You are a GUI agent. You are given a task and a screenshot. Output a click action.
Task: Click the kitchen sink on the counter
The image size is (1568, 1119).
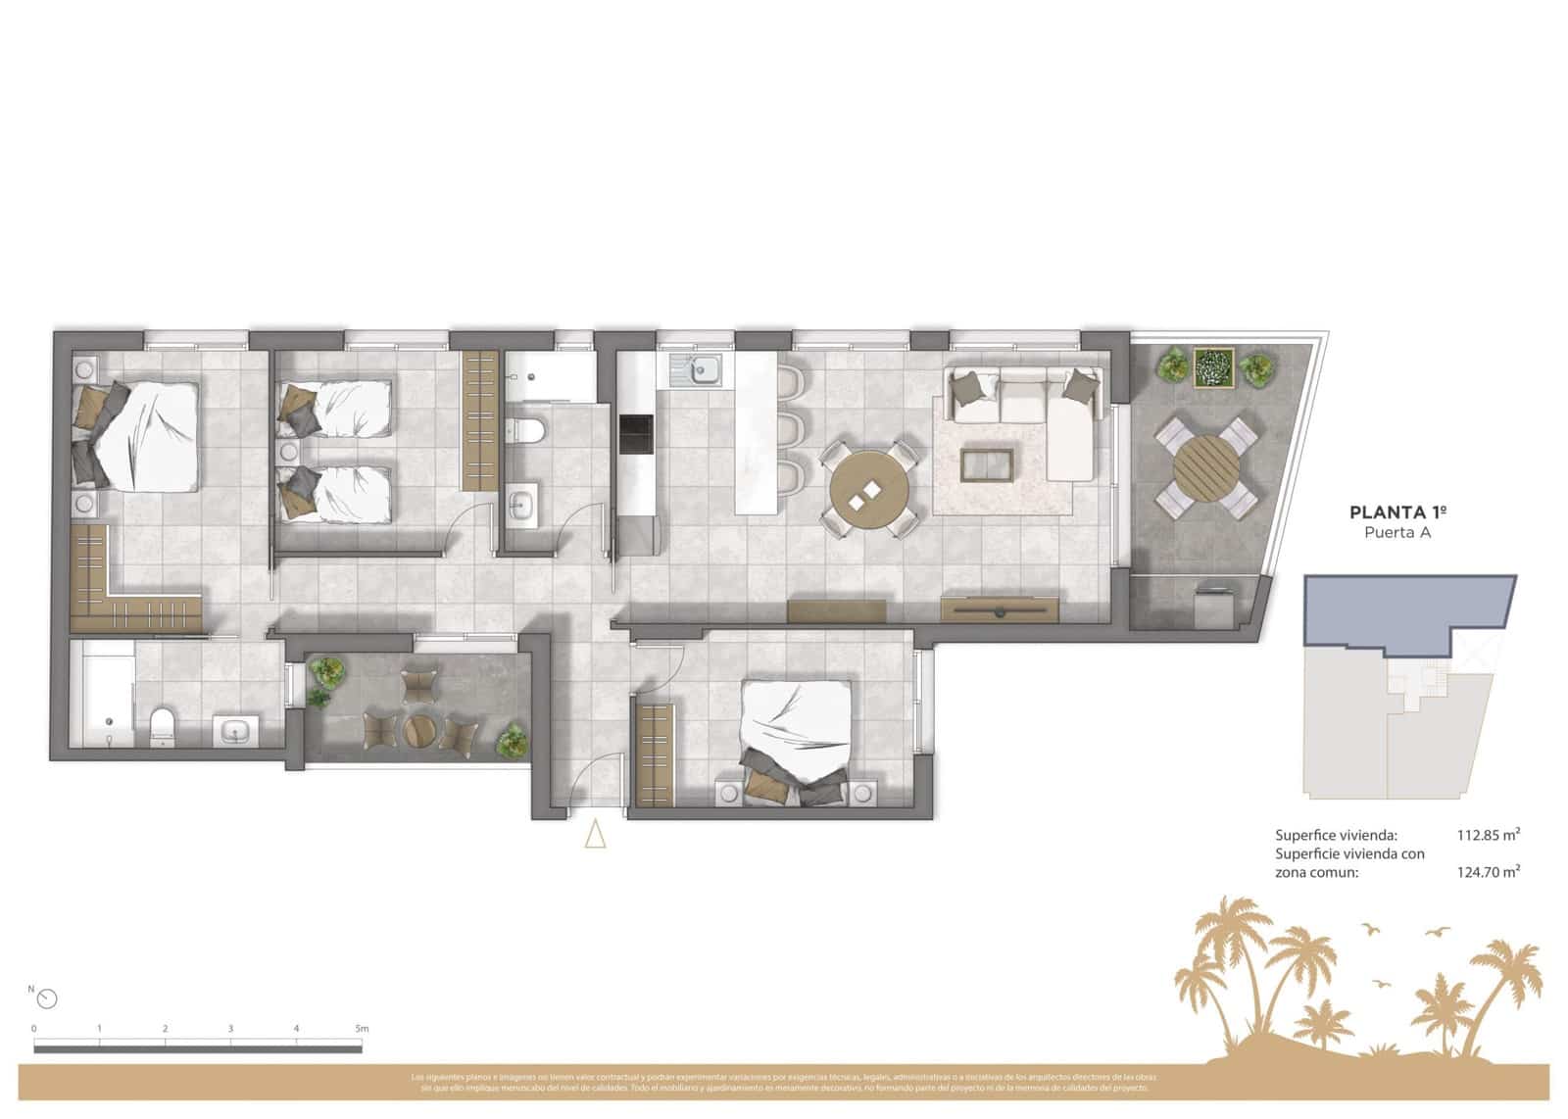(697, 371)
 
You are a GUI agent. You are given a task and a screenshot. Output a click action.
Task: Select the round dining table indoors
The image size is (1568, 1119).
(868, 490)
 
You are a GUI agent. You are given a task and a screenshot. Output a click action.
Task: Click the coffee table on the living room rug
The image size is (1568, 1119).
(987, 463)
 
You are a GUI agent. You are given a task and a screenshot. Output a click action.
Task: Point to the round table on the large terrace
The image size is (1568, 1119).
(1205, 467)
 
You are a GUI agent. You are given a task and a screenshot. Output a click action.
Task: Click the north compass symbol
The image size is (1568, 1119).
(47, 998)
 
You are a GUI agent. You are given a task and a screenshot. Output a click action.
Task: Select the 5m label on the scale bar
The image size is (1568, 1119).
(362, 1029)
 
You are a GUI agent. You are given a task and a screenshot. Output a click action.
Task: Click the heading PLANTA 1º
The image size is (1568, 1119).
(1397, 512)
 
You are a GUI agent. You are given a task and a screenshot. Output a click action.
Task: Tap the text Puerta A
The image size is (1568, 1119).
(1397, 533)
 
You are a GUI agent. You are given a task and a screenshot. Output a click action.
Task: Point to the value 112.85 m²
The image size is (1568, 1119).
(1488, 836)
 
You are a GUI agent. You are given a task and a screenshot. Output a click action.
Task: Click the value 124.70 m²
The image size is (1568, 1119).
(1488, 871)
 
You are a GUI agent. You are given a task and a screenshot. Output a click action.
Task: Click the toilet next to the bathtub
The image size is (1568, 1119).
(163, 726)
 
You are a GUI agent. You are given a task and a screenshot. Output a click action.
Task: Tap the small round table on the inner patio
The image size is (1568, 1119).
(420, 731)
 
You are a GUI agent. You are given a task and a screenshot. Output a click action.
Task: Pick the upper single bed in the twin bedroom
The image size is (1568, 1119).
(338, 409)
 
